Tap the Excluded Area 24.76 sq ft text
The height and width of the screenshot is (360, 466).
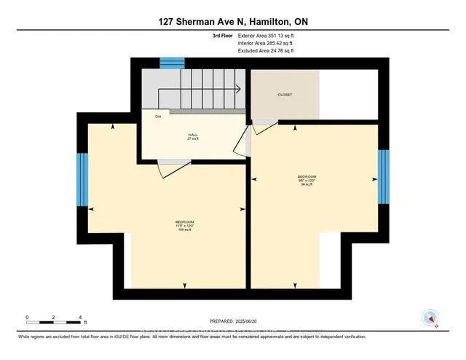[266, 51]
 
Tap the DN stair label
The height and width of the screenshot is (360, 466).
[157, 117]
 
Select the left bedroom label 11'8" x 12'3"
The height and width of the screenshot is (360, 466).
[184, 225]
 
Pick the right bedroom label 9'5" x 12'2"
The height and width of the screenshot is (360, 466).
[306, 180]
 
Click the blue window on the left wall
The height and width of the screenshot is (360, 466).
[82, 180]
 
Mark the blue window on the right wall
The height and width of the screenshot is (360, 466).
[381, 179]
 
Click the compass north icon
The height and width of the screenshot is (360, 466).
[430, 318]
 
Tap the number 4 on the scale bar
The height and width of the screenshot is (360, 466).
[79, 318]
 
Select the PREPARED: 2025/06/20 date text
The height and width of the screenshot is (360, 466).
[233, 321]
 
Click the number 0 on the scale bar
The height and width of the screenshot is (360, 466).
[27, 318]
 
